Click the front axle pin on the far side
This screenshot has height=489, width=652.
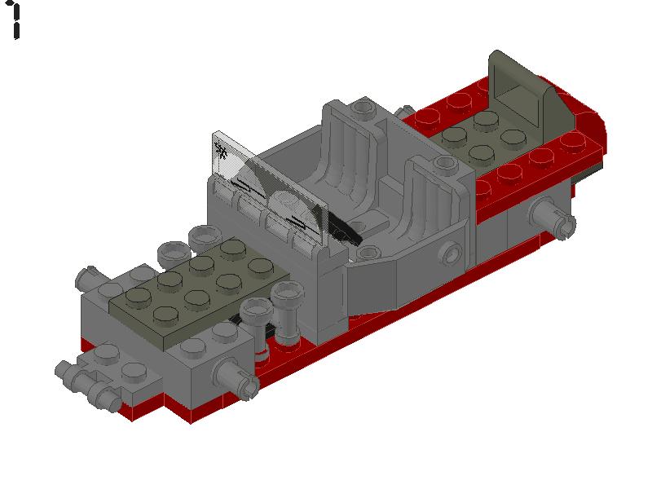tap(89, 277)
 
